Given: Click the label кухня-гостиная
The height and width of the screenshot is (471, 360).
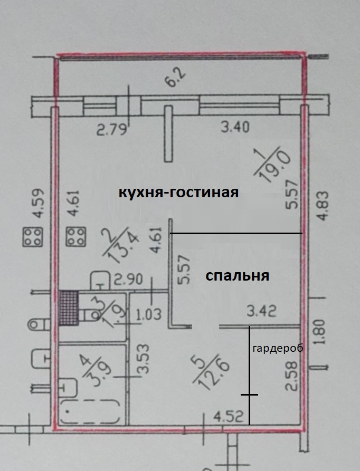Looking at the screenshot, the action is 178,193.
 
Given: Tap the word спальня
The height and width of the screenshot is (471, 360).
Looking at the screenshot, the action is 238,275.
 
